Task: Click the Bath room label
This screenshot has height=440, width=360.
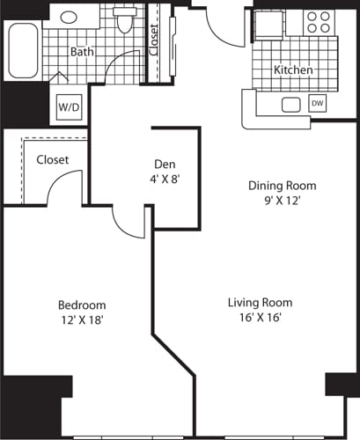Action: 83,53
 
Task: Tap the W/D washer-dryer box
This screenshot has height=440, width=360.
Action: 68,106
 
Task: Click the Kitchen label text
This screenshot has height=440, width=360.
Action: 293,70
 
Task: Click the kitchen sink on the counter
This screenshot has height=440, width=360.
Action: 291,105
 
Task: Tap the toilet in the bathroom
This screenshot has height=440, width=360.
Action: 124,21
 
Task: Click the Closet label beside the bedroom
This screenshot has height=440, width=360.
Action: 53,160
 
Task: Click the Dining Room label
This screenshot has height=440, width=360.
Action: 281,186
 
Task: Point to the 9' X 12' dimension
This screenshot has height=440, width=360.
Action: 281,202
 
